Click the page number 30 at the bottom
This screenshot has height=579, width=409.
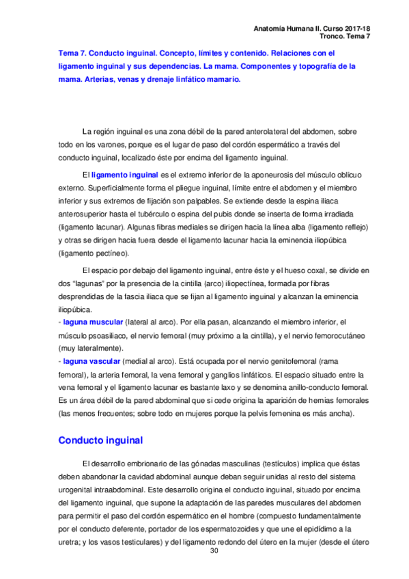coord(214,550)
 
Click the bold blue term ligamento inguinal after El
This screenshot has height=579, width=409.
coord(129,175)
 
